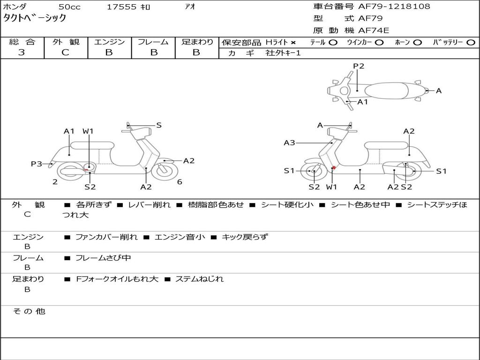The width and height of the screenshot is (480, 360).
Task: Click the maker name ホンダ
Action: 15,7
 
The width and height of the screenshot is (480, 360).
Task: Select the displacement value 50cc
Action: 69,7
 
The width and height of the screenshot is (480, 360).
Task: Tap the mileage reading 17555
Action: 122,7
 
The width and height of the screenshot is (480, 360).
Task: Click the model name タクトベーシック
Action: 35,18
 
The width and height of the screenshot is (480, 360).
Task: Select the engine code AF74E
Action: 374,31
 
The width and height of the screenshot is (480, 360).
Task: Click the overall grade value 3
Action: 22,52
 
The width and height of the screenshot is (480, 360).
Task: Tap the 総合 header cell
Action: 22,42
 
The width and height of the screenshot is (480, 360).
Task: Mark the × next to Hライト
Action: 293,43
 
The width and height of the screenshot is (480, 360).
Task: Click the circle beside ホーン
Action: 417,43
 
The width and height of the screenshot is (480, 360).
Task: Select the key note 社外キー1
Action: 283,53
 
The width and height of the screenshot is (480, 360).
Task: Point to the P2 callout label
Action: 359,66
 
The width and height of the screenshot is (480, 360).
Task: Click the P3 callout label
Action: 37,164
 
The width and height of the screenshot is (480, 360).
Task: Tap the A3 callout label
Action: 289,142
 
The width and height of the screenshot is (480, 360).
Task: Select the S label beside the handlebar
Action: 159,125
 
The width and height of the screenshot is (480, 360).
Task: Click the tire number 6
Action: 180,182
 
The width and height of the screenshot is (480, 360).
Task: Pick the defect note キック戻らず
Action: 244,237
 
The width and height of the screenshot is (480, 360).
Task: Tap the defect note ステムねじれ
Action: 199,279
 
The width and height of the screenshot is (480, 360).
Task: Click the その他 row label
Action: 29,311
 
